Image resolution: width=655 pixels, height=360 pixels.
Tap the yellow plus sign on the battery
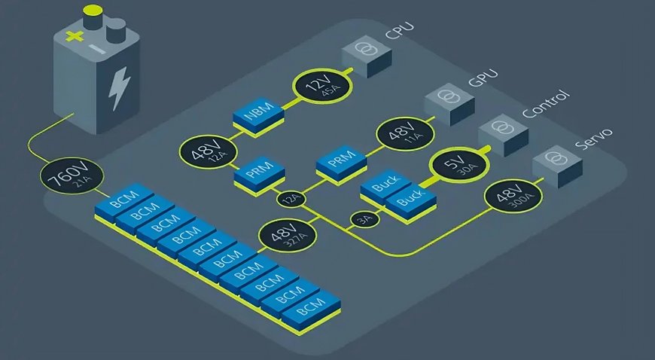pos(73,35)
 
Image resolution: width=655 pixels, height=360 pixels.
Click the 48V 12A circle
pos(203,154)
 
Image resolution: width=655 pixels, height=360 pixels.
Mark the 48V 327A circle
pos(282,237)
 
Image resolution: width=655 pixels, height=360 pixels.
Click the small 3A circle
pos(363,219)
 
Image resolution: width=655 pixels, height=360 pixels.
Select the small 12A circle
pos(290,200)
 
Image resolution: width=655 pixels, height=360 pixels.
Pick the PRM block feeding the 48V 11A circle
pos(340,162)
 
